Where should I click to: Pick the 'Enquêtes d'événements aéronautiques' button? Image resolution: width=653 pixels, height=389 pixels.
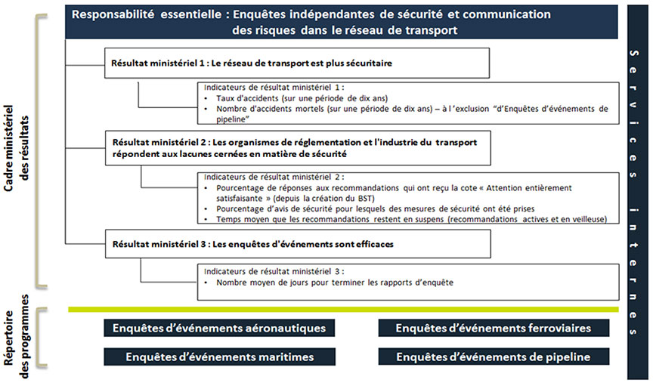click(219, 329)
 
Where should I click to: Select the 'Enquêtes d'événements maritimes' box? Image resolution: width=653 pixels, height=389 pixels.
click(219, 357)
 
